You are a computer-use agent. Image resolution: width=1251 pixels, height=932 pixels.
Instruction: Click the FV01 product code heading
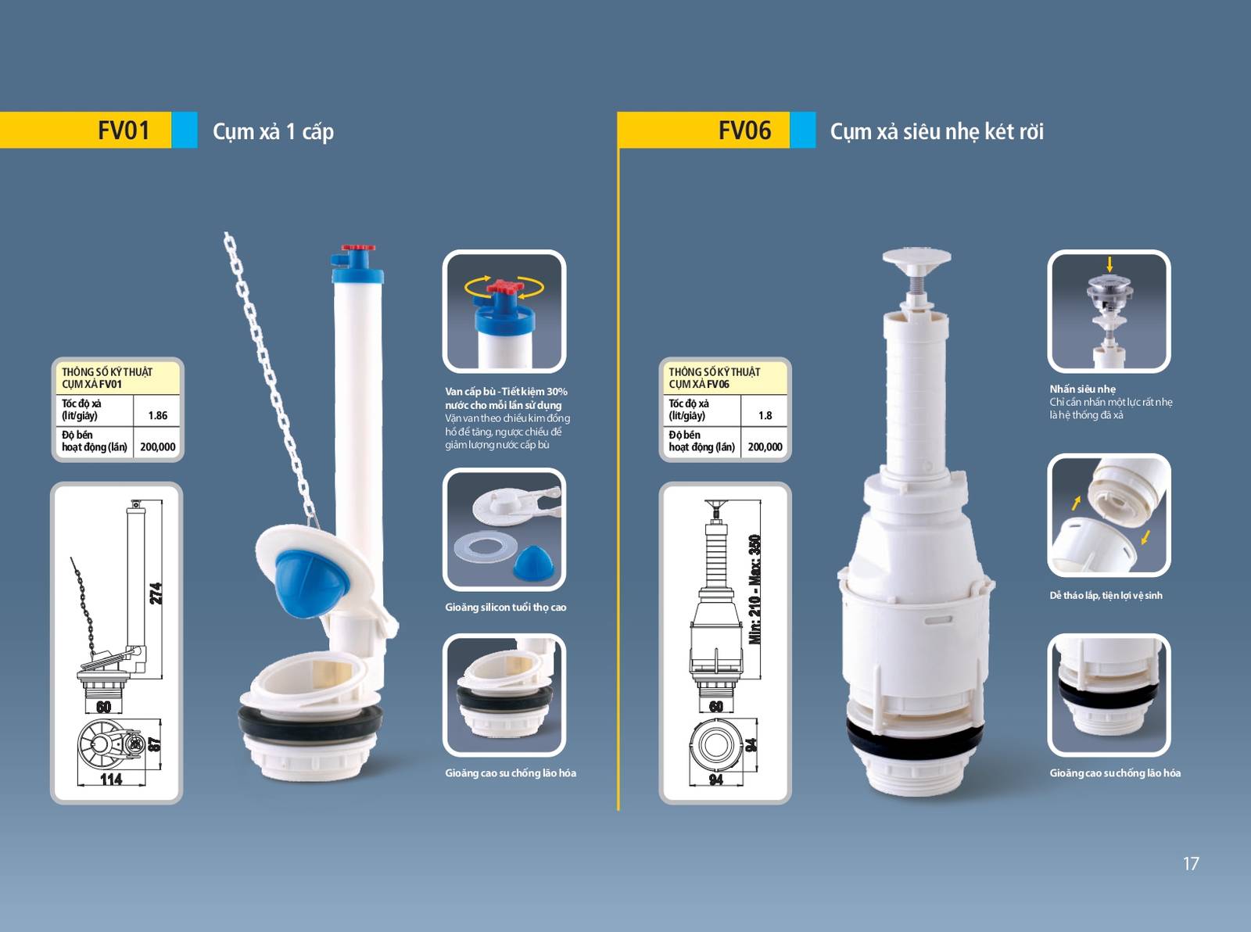[124, 131]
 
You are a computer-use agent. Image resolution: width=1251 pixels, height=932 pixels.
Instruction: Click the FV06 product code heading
[744, 131]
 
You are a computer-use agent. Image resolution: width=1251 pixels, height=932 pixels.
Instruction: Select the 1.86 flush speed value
[157, 416]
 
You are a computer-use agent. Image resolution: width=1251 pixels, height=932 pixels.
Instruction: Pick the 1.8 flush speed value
[765, 416]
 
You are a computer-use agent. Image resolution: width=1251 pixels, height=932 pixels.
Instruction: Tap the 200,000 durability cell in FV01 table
[158, 446]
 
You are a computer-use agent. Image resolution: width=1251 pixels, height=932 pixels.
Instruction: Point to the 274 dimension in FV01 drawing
[156, 593]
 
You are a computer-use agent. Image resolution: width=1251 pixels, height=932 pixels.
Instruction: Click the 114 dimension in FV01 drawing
[111, 779]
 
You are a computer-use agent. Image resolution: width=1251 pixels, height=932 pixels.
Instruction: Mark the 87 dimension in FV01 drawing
[155, 744]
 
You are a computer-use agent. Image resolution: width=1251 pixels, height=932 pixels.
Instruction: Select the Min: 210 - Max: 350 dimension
[755, 589]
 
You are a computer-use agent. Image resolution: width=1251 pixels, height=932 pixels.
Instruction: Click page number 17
[1191, 864]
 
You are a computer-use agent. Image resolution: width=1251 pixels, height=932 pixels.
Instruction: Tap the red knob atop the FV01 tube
[357, 248]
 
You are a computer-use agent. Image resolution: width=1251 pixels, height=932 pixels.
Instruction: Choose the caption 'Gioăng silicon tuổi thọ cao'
[505, 607]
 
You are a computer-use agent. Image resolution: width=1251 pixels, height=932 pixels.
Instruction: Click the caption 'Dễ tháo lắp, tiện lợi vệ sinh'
[1106, 595]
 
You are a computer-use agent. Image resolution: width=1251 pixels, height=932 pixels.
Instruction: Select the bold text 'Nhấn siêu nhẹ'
[1082, 389]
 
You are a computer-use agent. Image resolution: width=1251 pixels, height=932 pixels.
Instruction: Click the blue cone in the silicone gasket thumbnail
[533, 562]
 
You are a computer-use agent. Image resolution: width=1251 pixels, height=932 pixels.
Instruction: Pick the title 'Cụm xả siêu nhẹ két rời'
[936, 131]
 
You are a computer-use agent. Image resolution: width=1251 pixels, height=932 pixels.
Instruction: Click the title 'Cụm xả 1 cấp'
[273, 132]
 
